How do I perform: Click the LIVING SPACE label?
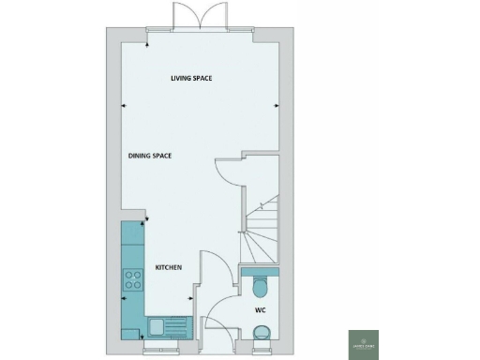click(190, 78)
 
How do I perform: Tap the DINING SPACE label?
click(150, 155)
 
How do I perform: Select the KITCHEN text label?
click(168, 267)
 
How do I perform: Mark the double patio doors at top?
click(189, 16)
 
